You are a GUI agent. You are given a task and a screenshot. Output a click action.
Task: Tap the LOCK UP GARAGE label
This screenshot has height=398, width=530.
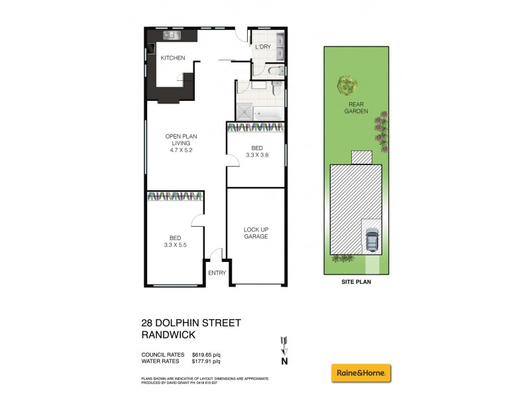point(256,232)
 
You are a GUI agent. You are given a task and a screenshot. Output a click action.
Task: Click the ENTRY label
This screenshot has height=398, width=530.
point(217,273)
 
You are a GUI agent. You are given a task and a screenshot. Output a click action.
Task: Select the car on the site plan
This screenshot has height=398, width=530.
point(372,240)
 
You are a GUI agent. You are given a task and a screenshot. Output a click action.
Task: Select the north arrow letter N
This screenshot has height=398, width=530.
point(285,362)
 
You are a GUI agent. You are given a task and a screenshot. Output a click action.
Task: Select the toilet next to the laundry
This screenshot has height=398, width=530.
point(278,70)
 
